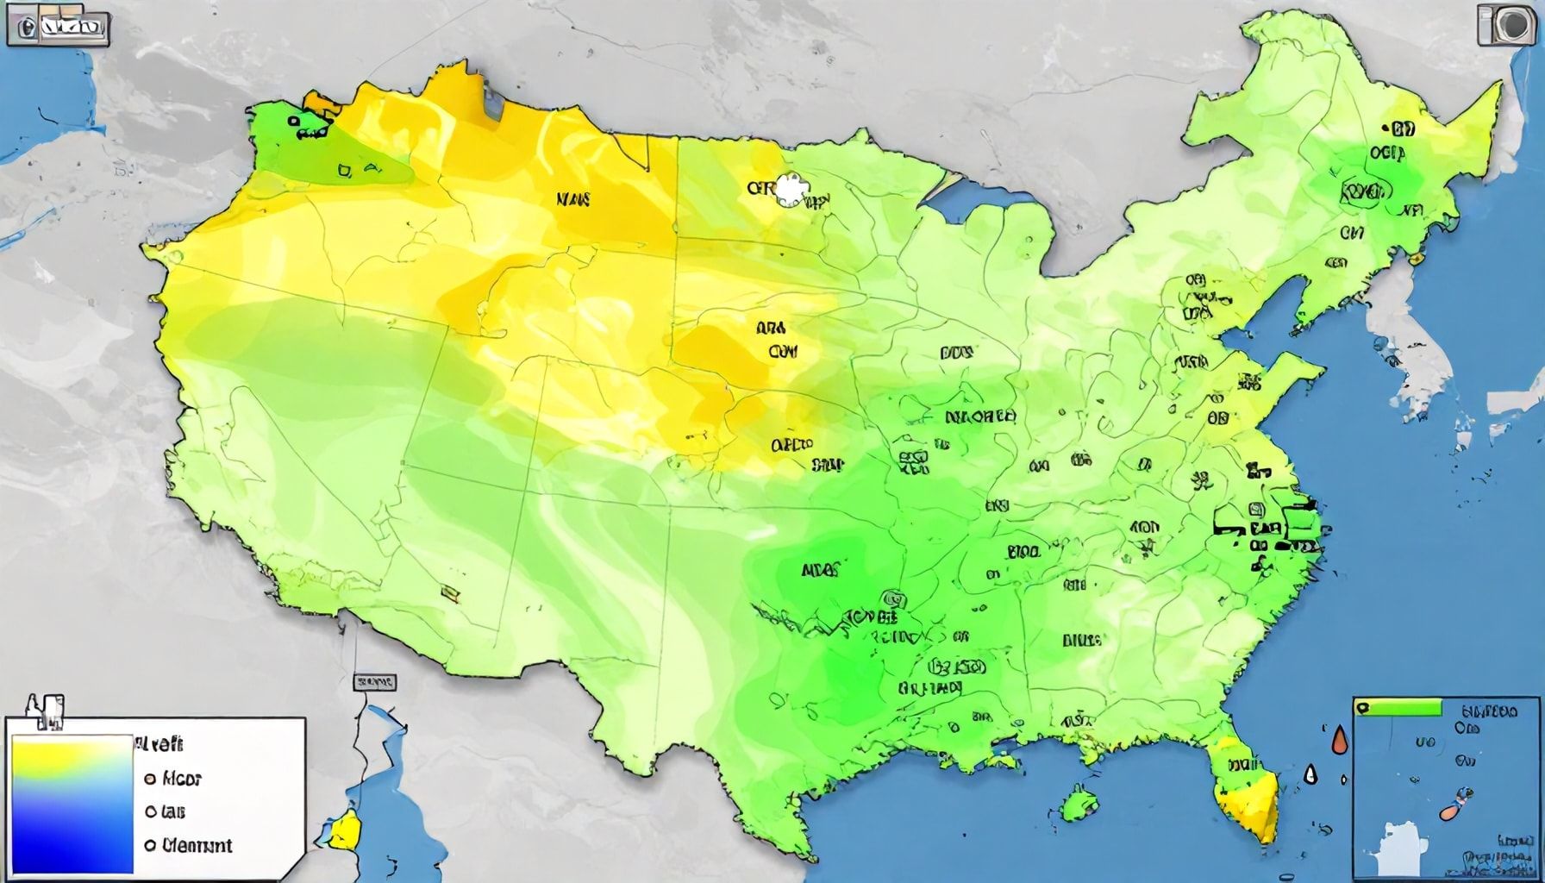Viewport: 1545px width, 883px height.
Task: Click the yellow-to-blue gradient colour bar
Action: point(72,802)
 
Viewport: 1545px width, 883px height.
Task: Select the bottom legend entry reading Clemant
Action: point(190,845)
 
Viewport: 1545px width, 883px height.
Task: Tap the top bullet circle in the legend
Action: point(148,778)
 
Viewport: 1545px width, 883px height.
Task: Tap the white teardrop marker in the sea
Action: point(1311,773)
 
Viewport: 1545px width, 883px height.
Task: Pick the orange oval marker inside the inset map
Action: point(1450,811)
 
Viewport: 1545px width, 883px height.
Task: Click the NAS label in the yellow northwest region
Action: point(573,200)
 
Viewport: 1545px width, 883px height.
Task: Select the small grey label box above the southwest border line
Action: point(374,682)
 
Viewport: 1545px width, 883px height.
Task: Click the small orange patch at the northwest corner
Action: point(322,104)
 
